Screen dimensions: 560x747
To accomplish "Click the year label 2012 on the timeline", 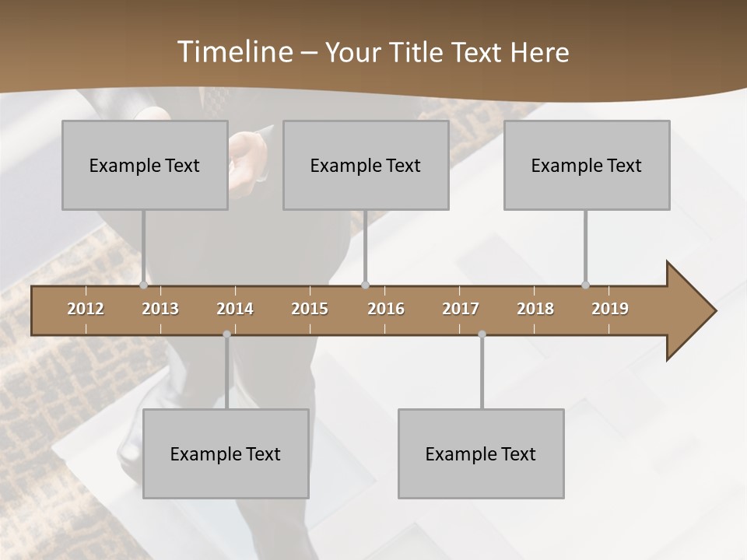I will tap(86, 309).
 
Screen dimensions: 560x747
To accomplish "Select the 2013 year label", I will tap(160, 309).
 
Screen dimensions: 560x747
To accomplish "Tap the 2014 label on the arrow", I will tap(235, 309).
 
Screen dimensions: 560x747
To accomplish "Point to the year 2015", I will tap(310, 309).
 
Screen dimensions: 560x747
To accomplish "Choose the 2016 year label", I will tap(386, 309).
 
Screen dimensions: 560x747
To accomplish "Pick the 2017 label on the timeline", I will tap(461, 309).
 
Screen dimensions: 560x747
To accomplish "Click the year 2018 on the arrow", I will tap(535, 309).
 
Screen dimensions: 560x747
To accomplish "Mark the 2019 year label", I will tap(610, 309).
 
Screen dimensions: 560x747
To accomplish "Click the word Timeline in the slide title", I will tap(234, 52).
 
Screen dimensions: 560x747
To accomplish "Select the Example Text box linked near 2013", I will tap(145, 165).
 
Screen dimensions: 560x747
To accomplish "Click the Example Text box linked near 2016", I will tap(366, 165).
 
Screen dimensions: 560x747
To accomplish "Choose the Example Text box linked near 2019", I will tap(587, 165).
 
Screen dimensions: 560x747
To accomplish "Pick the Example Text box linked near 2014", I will tap(226, 453).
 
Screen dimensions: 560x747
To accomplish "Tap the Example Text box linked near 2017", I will tap(481, 453).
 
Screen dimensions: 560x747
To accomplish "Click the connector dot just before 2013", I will tap(143, 285).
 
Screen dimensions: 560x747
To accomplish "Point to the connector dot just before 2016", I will tap(366, 285).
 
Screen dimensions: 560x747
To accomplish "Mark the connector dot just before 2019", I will tap(586, 285).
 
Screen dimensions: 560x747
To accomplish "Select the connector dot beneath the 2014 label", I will tap(226, 334).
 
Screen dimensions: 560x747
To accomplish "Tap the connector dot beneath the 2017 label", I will tap(482, 334).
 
